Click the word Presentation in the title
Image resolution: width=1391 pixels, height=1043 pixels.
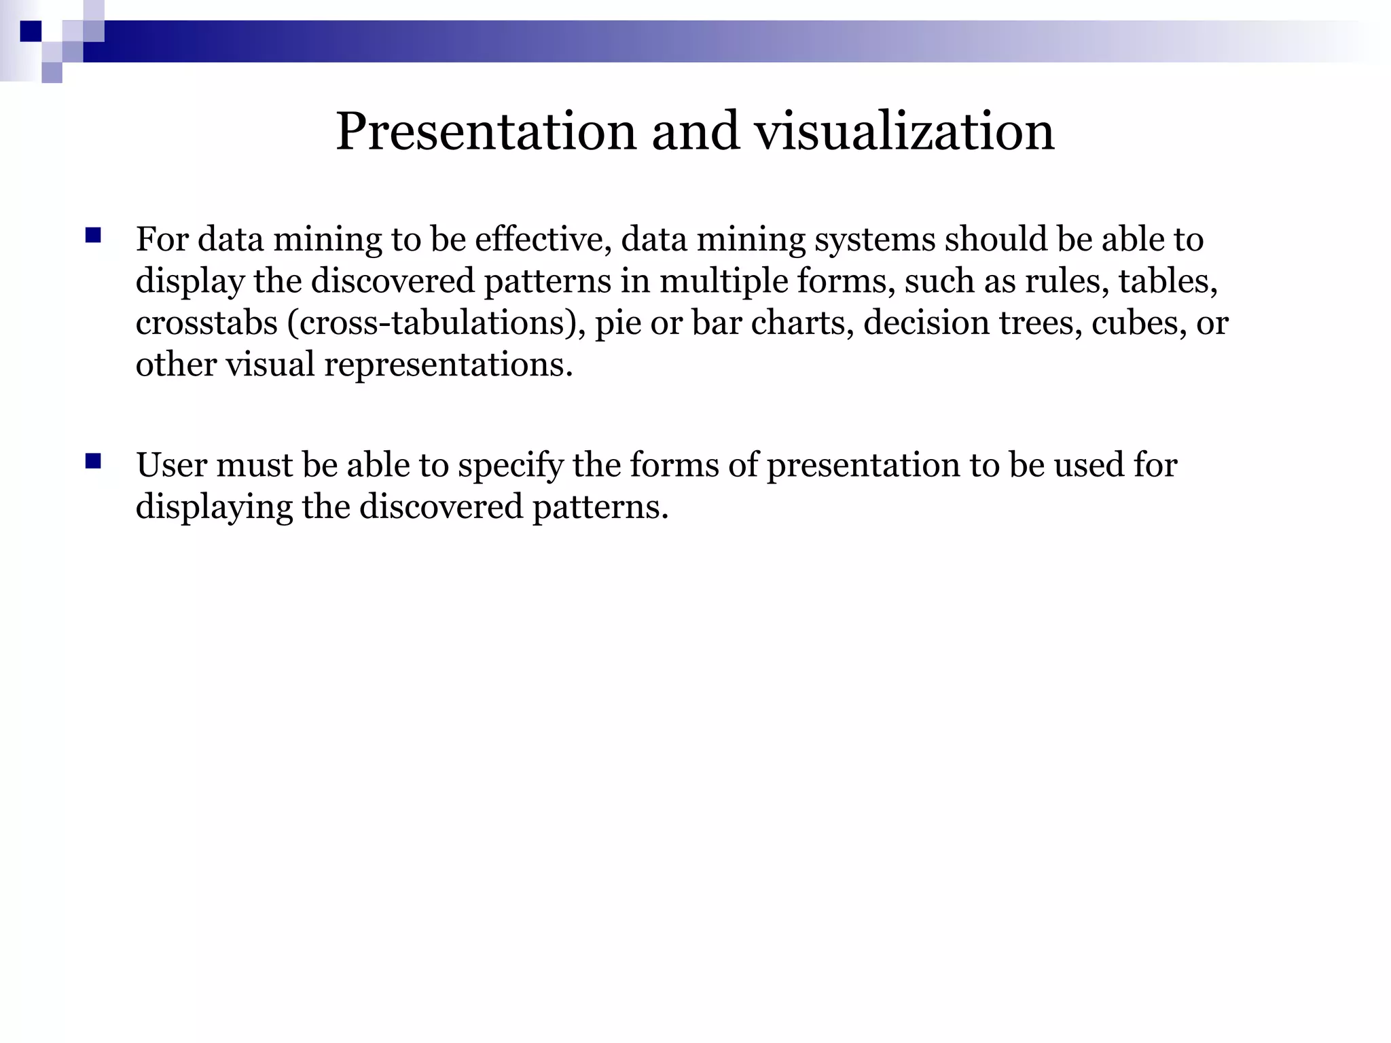click(486, 131)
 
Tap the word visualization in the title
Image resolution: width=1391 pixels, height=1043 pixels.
click(905, 131)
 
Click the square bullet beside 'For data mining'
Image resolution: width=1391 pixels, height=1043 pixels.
click(93, 236)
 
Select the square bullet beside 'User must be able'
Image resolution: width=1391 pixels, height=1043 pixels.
click(93, 462)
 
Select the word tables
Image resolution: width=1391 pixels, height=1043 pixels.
click(1168, 281)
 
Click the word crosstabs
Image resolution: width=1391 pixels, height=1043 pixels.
click(206, 323)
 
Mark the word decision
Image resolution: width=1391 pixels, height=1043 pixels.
click(926, 323)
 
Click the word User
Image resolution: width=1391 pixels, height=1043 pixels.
click(171, 466)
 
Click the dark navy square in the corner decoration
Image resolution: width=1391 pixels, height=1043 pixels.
click(31, 31)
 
